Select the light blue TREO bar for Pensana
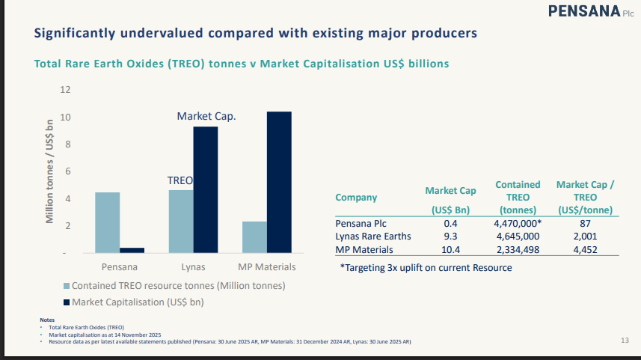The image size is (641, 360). click(x=108, y=222)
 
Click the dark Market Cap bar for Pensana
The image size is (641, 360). click(x=132, y=250)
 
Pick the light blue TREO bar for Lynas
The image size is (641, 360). click(x=181, y=221)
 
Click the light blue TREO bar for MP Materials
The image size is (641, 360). click(x=254, y=237)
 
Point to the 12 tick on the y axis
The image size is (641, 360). click(x=65, y=90)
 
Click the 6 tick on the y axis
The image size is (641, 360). click(x=67, y=171)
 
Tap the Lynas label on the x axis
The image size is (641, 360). click(x=193, y=267)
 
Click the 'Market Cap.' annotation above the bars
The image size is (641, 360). click(x=206, y=116)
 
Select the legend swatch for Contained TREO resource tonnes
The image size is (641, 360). click(x=67, y=286)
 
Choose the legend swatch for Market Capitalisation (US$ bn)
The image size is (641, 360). click(x=67, y=302)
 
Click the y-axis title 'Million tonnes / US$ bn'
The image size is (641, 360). click(x=50, y=171)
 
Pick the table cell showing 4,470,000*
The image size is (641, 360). click(x=518, y=223)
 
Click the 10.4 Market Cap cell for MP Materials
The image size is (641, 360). click(x=450, y=250)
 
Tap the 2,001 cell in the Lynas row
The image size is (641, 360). click(x=586, y=237)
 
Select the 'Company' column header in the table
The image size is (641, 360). click(x=356, y=198)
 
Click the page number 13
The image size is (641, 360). click(x=625, y=341)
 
